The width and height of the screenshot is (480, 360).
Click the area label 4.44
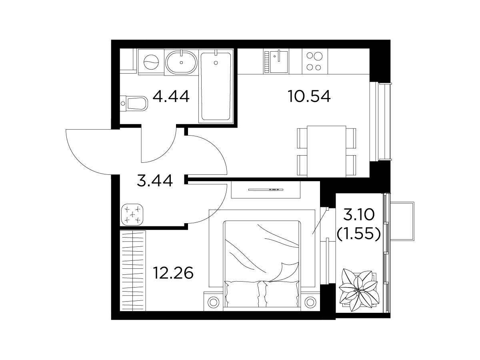click(171, 96)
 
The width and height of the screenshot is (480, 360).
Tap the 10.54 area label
click(309, 96)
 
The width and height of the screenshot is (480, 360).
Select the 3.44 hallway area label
click(155, 181)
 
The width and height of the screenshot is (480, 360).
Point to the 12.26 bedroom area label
click(174, 273)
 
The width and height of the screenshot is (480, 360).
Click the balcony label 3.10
click(359, 215)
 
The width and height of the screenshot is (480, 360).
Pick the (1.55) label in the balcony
click(359, 234)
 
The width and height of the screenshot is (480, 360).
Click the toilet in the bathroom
click(134, 103)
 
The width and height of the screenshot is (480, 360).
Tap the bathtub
click(216, 86)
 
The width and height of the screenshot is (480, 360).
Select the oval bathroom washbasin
click(181, 62)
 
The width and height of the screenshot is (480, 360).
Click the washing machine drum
click(151, 62)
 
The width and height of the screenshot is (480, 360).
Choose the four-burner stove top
click(315, 61)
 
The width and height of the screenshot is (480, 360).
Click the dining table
click(326, 151)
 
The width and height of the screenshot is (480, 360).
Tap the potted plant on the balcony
click(359, 290)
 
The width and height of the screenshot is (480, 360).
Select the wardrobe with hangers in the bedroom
click(133, 271)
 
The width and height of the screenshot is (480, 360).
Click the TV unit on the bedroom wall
click(266, 190)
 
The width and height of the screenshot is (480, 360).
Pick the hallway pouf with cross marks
click(132, 214)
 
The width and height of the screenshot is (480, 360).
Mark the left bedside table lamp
click(213, 302)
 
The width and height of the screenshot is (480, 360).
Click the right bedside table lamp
click(310, 302)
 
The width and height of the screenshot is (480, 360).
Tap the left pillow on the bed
click(242, 294)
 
